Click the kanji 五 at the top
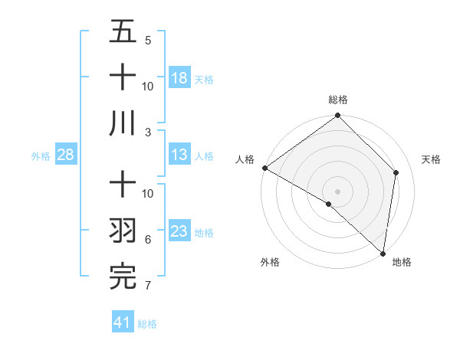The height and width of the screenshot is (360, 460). (123, 32)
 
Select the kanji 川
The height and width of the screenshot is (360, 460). (123, 123)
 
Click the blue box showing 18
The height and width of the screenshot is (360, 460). (179, 77)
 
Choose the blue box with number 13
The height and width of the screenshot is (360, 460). (179, 155)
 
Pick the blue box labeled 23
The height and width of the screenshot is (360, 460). (179, 231)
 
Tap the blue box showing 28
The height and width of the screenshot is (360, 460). (66, 155)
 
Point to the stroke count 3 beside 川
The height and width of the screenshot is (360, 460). (147, 132)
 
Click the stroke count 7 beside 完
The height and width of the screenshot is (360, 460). (147, 286)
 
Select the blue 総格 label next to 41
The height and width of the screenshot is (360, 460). (147, 324)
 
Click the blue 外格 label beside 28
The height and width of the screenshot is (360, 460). (41, 156)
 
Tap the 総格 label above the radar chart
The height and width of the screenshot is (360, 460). (337, 100)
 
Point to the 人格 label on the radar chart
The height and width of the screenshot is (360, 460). (245, 159)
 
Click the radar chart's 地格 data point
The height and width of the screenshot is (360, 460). (383, 253)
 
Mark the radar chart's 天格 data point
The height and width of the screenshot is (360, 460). (396, 172)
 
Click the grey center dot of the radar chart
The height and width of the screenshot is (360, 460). (337, 191)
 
